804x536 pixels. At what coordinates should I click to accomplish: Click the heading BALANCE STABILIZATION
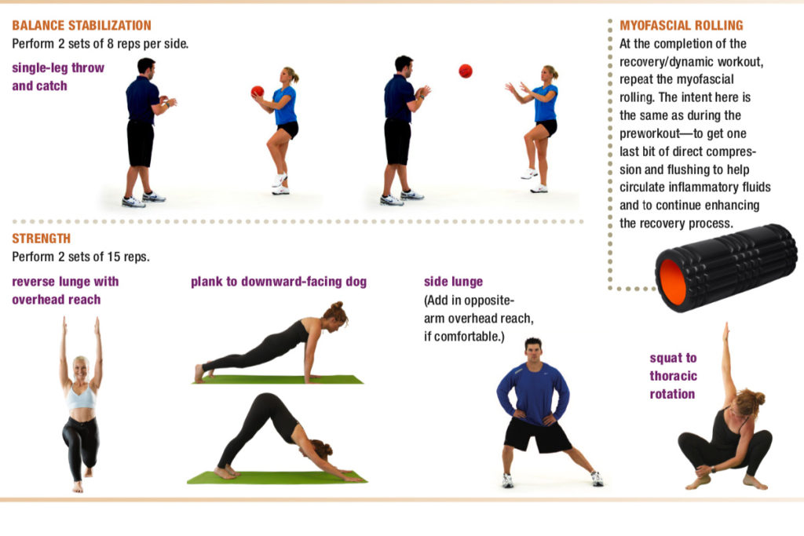tap(82, 25)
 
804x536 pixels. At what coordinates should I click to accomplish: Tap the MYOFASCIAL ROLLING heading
tap(681, 25)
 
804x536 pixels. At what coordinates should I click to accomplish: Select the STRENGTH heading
tap(41, 239)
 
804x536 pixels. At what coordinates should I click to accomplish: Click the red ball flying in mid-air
tap(466, 71)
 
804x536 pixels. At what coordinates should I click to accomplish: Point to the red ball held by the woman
tap(258, 92)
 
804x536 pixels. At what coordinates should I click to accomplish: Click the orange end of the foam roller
tap(673, 282)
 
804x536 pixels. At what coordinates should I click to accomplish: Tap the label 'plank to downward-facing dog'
tap(279, 282)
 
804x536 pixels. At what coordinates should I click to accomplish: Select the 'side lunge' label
tap(453, 281)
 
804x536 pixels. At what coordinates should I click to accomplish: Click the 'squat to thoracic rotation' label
tap(673, 376)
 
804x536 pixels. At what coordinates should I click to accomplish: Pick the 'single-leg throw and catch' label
tap(58, 77)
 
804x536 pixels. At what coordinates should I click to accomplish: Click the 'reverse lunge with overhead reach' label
tap(65, 290)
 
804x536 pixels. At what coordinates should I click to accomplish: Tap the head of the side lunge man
tap(533, 351)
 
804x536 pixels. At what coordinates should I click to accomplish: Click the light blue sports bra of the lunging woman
tap(82, 397)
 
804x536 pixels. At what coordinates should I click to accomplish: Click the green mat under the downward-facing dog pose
tap(277, 478)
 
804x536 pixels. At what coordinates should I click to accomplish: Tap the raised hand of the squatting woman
tap(725, 331)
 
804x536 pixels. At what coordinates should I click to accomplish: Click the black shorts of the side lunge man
tap(537, 435)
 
